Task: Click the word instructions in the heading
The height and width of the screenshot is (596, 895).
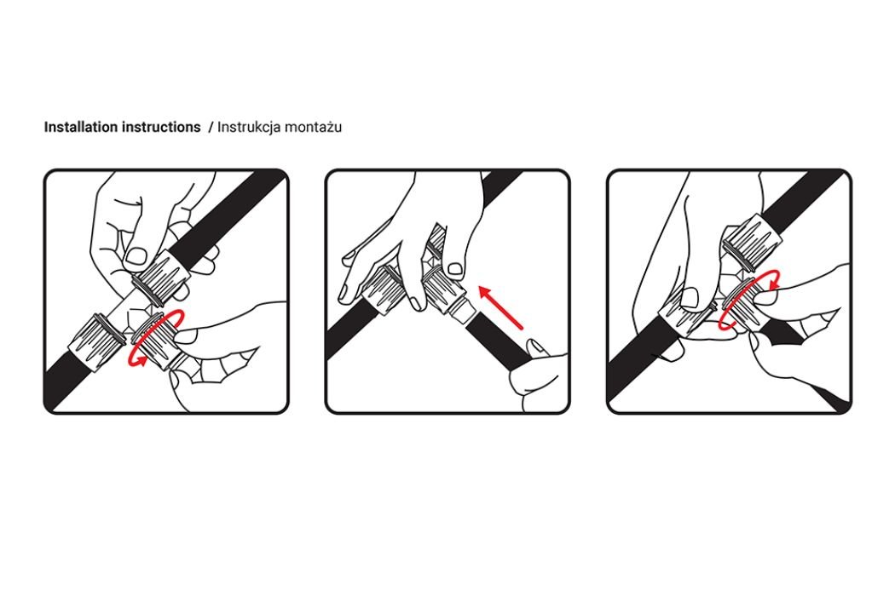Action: [161, 127]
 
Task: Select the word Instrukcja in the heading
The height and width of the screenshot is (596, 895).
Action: [248, 127]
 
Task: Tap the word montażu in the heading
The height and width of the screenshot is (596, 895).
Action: [313, 127]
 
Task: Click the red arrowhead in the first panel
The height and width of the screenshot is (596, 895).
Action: [136, 359]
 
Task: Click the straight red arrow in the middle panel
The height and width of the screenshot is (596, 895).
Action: [500, 307]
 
